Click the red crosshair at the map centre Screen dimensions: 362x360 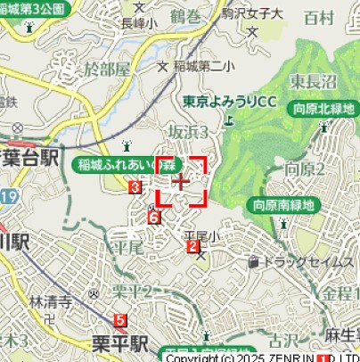tap(182, 181)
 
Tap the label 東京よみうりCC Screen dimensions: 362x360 tap(230, 102)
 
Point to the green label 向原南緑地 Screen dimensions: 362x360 tap(284, 204)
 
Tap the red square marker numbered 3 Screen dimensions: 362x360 tap(135, 187)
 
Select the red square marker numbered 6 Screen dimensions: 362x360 tap(153, 218)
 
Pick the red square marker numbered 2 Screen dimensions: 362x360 tap(192, 246)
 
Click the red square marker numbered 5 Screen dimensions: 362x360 tap(121, 318)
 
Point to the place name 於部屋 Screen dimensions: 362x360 tap(106, 69)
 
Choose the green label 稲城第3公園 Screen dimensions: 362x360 tap(33, 8)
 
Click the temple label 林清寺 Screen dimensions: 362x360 tap(50, 301)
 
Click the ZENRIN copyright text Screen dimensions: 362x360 tap(267, 357)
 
